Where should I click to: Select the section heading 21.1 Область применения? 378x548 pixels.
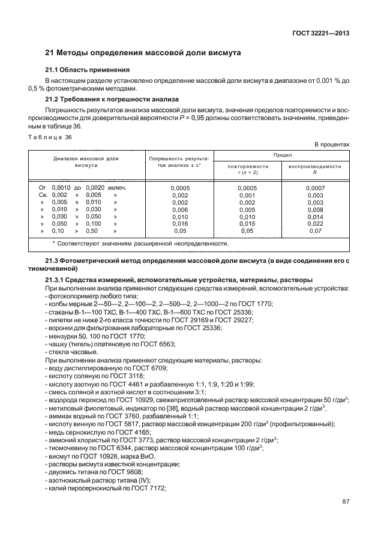tap(88, 70)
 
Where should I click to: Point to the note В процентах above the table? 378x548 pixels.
tap(332, 145)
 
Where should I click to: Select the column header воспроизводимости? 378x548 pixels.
tap(314, 166)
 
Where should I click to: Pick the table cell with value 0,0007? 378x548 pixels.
tap(314, 188)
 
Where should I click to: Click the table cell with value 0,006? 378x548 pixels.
tap(180, 209)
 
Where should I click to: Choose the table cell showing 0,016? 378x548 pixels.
tap(180, 223)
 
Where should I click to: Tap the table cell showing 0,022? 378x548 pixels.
tap(314, 223)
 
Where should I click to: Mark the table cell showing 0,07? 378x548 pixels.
tap(314, 230)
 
